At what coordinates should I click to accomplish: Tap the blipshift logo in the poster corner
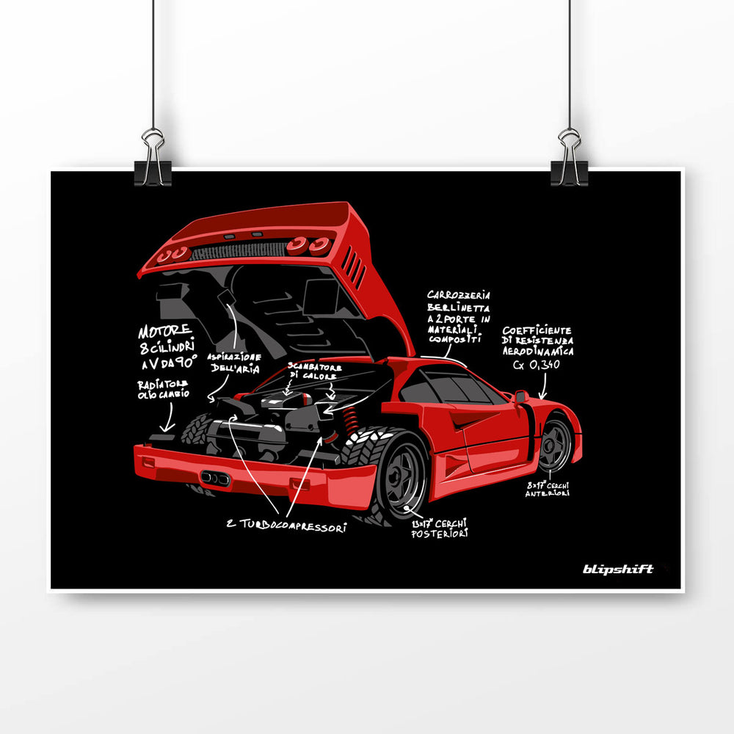pos(618,569)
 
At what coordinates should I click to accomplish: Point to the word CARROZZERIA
pos(459,296)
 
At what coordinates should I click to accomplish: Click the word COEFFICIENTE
pos(537,330)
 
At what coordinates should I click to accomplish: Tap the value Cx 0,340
pos(537,363)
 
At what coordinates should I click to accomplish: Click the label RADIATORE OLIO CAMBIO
pos(163,389)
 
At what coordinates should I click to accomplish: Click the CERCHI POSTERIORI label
pos(440,528)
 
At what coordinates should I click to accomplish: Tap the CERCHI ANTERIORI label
pos(547,490)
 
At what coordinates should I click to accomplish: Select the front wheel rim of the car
pos(556,444)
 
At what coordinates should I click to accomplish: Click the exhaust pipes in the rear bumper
pos(215,478)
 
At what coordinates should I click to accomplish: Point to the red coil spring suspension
pos(349,421)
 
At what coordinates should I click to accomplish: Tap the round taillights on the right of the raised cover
pos(308,245)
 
